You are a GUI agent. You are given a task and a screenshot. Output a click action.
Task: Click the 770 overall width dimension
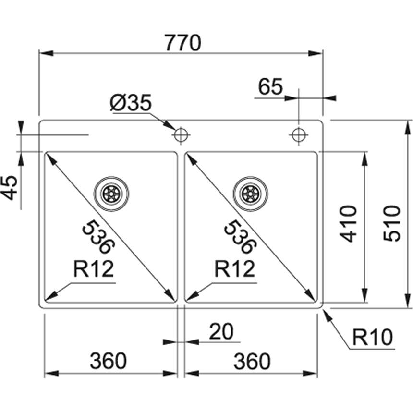(x=182, y=43)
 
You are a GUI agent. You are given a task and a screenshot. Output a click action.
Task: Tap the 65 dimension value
(x=270, y=87)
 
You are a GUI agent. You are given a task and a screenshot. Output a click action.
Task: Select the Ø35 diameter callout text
(x=131, y=103)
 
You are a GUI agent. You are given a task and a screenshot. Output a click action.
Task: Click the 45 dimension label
(x=10, y=187)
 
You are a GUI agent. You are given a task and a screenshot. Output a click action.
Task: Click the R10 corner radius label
(x=372, y=338)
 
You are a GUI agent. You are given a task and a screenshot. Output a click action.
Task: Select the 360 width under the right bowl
(x=252, y=361)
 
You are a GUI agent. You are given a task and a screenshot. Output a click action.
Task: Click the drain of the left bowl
(x=111, y=193)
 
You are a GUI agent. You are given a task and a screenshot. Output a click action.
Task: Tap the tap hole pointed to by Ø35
(x=181, y=135)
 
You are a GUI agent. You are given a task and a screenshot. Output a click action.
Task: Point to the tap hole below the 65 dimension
(x=299, y=135)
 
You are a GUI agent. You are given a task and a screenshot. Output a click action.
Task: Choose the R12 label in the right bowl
(x=234, y=269)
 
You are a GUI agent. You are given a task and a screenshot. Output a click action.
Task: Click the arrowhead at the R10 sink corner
(x=325, y=312)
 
